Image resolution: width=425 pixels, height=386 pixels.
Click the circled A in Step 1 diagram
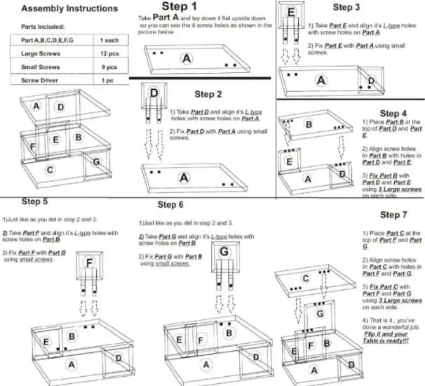187,60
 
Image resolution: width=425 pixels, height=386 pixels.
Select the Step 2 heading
210,93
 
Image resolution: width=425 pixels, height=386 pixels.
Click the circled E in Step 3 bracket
290,13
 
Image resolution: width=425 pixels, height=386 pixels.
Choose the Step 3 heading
346,7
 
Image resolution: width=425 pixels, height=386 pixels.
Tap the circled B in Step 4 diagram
308,124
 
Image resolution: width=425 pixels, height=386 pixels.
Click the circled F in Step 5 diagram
90,263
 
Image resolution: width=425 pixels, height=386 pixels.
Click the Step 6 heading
170,204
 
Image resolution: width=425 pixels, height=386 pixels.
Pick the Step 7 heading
393,214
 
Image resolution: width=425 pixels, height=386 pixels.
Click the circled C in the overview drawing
49,170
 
